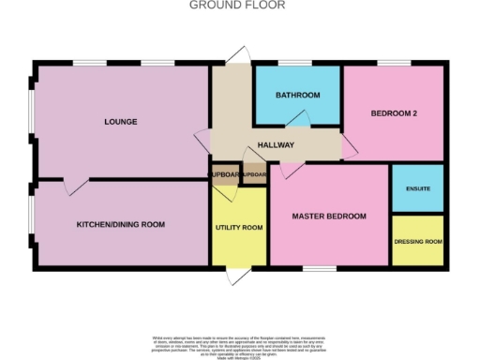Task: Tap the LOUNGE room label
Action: coord(121,122)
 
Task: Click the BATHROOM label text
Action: coord(297,96)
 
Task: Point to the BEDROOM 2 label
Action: coord(393,113)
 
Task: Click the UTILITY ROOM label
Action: coord(239,228)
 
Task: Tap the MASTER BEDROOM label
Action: coord(328,217)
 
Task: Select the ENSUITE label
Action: coord(417,189)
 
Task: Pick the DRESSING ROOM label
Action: coord(417,242)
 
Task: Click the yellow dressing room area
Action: coord(417,253)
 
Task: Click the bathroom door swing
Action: coord(297,117)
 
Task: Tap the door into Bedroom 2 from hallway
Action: coord(348,145)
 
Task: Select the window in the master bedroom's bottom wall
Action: coord(319,270)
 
